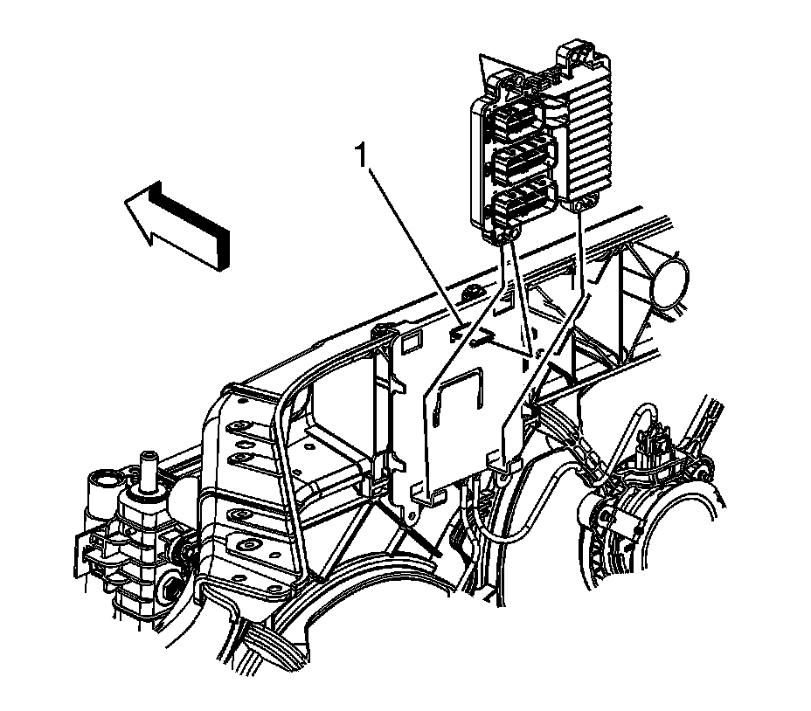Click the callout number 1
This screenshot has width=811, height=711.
click(361, 155)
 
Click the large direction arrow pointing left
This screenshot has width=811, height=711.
click(177, 226)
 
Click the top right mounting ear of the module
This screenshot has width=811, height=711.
click(577, 54)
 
